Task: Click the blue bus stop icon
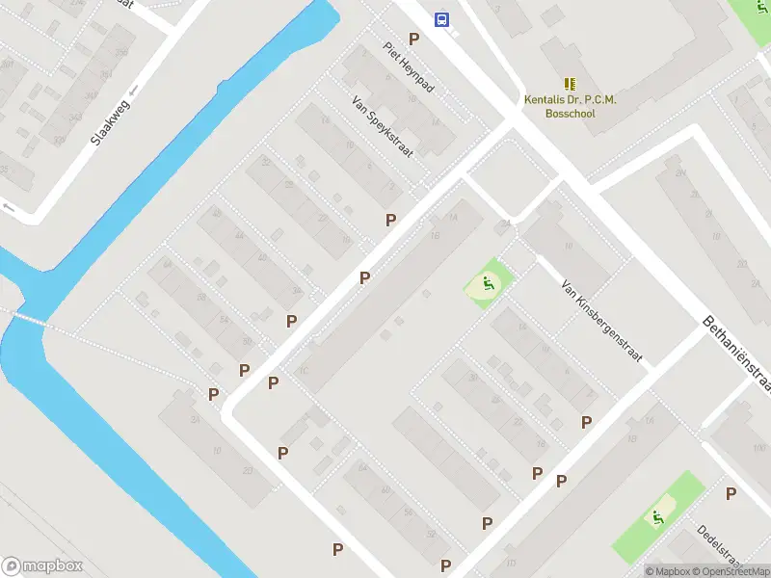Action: point(441,19)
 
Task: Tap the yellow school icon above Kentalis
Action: point(569,84)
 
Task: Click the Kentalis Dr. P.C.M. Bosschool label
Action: point(570,106)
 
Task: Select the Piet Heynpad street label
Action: point(409,66)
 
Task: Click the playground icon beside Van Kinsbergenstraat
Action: point(489,283)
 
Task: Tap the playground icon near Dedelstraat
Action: point(659,516)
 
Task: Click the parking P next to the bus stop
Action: point(414,39)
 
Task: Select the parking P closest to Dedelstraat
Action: point(731,494)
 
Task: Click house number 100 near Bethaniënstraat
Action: point(757,449)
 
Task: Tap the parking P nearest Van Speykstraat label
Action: point(390,220)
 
